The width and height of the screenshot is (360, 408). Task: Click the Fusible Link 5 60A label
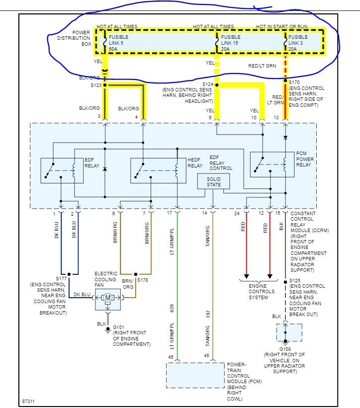(118, 43)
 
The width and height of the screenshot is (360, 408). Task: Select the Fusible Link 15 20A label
(231, 43)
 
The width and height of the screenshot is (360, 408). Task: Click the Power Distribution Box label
(74, 38)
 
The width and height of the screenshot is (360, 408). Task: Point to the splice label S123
(96, 85)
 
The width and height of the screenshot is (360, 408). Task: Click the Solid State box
(213, 181)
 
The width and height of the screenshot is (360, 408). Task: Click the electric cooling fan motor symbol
(108, 298)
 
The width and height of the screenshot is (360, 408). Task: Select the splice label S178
(143, 280)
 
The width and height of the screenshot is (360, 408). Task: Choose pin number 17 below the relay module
(170, 213)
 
